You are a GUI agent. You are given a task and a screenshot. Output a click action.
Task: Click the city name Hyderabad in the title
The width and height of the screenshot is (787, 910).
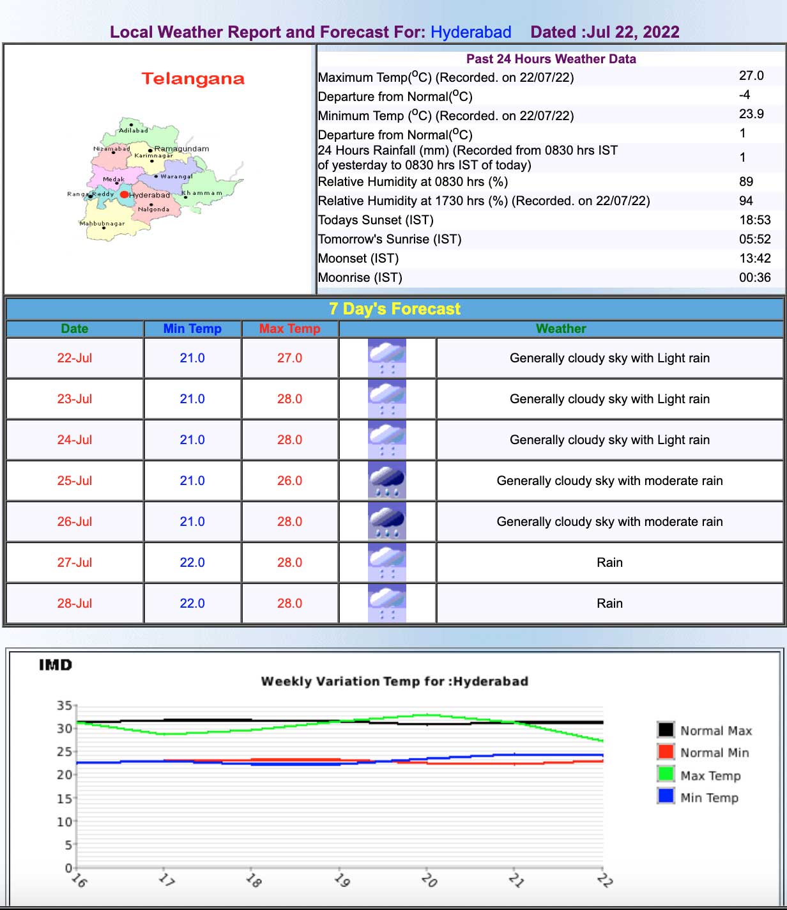point(471,32)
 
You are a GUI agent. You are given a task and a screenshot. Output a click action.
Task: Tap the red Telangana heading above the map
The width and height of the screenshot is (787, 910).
point(193,79)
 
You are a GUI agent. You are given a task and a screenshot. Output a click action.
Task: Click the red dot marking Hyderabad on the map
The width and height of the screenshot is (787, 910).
point(125,194)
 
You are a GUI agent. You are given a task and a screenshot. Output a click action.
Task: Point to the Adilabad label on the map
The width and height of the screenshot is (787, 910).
point(134,130)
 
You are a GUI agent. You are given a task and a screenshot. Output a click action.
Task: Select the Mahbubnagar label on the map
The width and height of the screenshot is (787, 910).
point(102,224)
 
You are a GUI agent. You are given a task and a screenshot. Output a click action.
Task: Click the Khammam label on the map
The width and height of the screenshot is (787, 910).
point(202,193)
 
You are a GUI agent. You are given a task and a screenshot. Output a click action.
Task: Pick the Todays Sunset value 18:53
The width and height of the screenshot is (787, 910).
point(754,220)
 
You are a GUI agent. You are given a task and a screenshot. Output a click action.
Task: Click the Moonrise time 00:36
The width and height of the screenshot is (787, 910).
point(754,277)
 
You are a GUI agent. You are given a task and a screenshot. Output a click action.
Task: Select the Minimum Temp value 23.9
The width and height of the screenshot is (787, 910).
point(751,114)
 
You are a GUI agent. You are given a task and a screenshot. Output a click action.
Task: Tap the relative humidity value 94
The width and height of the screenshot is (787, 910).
point(745,201)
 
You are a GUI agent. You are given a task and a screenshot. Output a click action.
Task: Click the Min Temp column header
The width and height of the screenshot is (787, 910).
point(192,328)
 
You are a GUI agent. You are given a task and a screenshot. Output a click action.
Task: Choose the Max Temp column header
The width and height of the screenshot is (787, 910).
point(289,328)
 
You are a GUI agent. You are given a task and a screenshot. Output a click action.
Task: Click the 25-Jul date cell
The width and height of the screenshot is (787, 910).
point(75,481)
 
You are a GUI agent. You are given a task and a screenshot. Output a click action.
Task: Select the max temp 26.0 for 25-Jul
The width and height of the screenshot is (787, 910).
point(289,481)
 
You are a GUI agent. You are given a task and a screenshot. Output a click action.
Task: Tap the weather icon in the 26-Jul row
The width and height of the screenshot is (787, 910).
point(387,521)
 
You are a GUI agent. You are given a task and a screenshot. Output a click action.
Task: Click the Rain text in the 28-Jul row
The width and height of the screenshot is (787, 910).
point(609,603)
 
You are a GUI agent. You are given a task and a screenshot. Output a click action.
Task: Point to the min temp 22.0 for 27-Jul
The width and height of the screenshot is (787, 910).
point(192,562)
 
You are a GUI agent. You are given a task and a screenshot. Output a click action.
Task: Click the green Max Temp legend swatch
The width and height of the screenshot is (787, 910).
point(666,774)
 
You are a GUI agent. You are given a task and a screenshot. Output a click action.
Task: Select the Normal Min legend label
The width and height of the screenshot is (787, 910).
point(714,753)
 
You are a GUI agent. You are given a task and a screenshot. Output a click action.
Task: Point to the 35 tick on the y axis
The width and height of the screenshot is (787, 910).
point(64,706)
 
